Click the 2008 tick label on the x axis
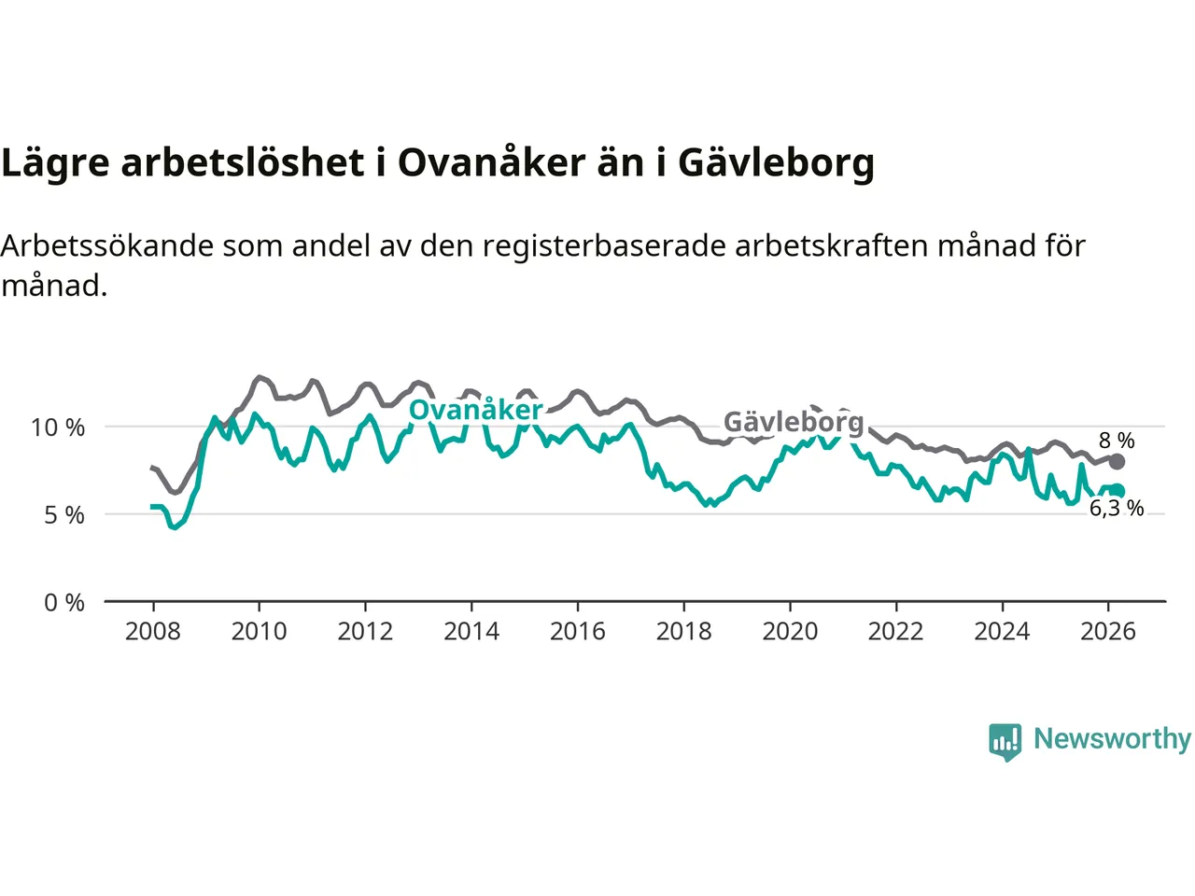click(152, 632)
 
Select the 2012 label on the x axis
click(365, 632)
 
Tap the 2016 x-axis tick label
click(577, 632)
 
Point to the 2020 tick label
click(790, 632)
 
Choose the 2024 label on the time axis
click(1002, 632)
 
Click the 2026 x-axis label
click(1108, 632)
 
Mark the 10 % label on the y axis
click(58, 428)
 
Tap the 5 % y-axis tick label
click(64, 515)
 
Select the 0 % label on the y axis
click(64, 603)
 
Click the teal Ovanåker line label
click(476, 410)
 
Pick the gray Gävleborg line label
click(794, 423)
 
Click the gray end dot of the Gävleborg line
click(1117, 461)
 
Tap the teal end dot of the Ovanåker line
click(1118, 491)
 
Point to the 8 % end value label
click(1117, 441)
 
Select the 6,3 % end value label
click(1117, 509)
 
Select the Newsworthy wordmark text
click(1112, 739)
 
